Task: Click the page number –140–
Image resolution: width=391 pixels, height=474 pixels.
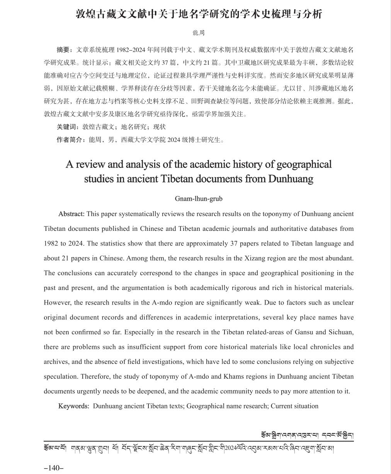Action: pos(53,468)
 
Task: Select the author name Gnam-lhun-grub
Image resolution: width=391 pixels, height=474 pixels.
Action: pos(199,199)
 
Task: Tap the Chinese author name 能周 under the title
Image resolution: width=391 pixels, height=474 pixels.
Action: pos(198,33)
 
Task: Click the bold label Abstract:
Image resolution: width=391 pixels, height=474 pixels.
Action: pos(71,214)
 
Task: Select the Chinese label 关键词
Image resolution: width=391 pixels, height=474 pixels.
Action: pos(66,127)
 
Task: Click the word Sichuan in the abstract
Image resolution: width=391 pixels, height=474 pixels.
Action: pos(340,332)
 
